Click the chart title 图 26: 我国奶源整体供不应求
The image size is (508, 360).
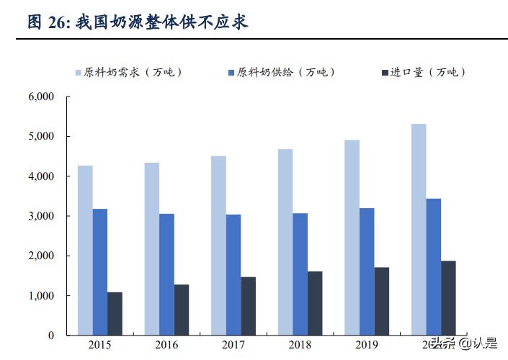pos(137,22)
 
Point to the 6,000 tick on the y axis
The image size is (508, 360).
pos(42,96)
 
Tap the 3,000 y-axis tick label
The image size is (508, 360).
pos(42,216)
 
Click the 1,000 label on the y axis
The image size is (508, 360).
pos(42,296)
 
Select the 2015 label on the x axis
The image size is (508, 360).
pos(100,344)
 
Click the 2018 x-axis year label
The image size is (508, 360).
pos(300,344)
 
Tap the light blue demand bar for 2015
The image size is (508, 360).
pos(85,251)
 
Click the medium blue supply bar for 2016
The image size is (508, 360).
pos(166,274)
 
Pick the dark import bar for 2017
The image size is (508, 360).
pos(249,306)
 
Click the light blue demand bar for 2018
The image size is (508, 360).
pos(285,242)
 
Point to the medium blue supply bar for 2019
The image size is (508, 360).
pos(367,271)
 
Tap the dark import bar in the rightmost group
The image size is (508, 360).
pos(448,297)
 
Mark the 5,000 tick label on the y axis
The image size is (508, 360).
pos(42,136)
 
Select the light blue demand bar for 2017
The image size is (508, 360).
pos(218,246)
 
